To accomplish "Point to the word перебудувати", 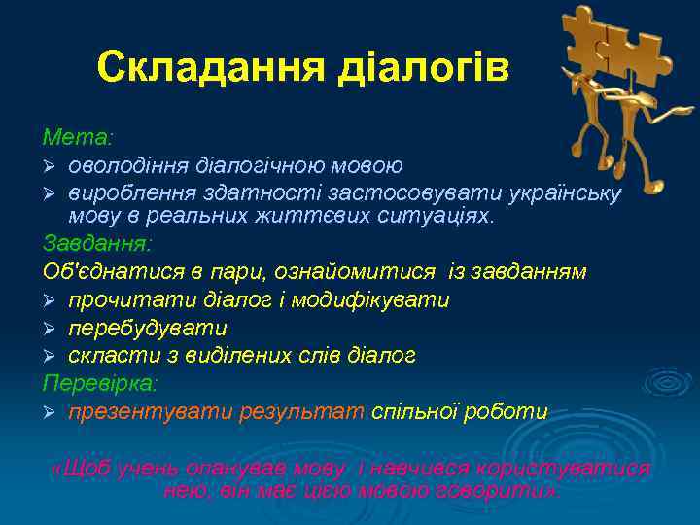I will [147, 328].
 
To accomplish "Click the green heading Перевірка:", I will [100, 383].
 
